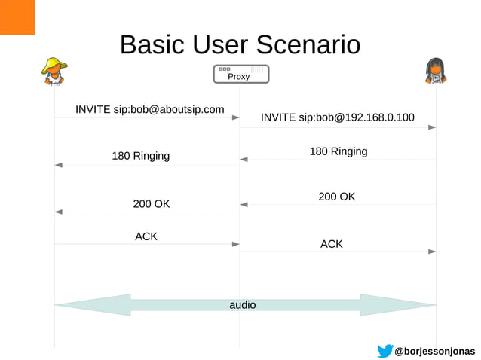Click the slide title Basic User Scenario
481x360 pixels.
tap(240, 44)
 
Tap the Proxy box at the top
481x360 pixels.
tap(240, 75)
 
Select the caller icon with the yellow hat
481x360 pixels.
tap(54, 71)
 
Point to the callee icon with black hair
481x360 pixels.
tap(435, 71)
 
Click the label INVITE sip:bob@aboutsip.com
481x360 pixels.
tap(149, 110)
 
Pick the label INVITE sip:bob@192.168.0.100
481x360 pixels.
tap(337, 117)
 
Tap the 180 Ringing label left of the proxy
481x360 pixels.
tap(141, 157)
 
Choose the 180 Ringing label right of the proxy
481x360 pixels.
tap(339, 151)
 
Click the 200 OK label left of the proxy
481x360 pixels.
tap(152, 204)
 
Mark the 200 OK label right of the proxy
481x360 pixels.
tap(336, 197)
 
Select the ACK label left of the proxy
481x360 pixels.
tap(146, 236)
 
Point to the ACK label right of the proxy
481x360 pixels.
tap(332, 244)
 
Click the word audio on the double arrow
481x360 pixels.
tap(242, 305)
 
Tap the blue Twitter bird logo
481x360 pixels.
tap(384, 351)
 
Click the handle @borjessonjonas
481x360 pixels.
tap(435, 352)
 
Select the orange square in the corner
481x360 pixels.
tap(17, 17)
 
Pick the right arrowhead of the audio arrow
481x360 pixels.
tap(422, 305)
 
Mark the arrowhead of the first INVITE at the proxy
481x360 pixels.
tap(235, 117)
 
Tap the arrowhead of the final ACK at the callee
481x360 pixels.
tap(432, 252)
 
